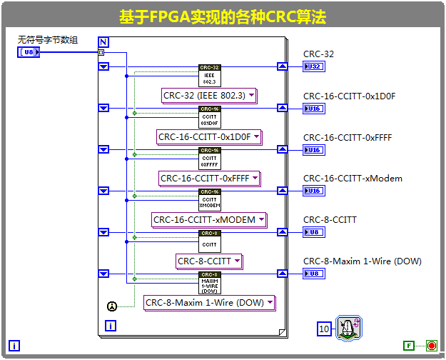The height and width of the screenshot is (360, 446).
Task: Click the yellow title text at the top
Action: (x=223, y=16)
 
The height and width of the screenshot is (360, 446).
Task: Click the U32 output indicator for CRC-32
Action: (x=313, y=67)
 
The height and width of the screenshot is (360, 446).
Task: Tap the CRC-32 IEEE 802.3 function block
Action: (x=209, y=75)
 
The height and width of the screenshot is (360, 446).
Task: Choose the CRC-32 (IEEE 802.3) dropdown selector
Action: (x=209, y=96)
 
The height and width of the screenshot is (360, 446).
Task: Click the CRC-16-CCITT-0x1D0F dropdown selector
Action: (x=209, y=137)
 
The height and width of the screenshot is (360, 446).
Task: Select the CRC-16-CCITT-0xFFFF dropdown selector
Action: (x=209, y=179)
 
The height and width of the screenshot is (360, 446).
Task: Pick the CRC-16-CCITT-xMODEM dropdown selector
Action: (x=209, y=220)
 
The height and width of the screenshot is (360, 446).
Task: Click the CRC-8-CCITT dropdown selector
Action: (x=209, y=261)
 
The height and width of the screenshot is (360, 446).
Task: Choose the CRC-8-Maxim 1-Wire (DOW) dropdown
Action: (x=209, y=303)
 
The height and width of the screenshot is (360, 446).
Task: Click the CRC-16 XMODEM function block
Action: (x=209, y=199)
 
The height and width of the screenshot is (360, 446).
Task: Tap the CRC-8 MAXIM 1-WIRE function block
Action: (x=209, y=283)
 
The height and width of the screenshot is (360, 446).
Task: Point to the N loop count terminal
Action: (x=103, y=41)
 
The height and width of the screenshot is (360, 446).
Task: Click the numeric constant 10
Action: (x=325, y=329)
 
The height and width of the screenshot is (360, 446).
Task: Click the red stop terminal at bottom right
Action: (x=431, y=346)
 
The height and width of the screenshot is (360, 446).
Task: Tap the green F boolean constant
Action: (x=409, y=346)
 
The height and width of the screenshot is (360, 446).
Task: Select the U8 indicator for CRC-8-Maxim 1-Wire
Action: (x=313, y=274)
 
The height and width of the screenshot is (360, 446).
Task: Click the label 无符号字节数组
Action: (x=48, y=40)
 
